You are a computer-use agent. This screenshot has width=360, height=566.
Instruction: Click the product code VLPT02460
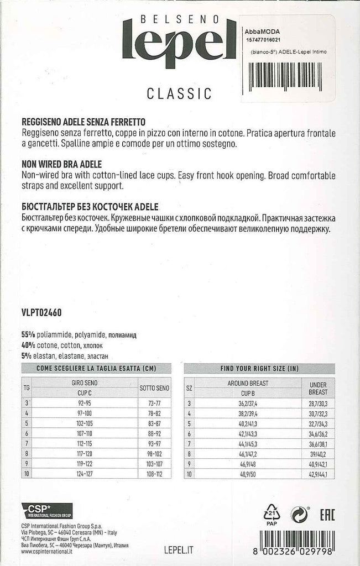[41, 312]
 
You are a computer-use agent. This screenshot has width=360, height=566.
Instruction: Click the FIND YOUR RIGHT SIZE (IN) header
[259, 368]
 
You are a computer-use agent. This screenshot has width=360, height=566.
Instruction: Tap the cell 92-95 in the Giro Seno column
[85, 404]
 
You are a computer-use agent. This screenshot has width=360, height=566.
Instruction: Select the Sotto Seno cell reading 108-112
[154, 474]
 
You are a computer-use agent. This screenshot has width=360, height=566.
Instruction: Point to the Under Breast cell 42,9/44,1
[318, 474]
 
